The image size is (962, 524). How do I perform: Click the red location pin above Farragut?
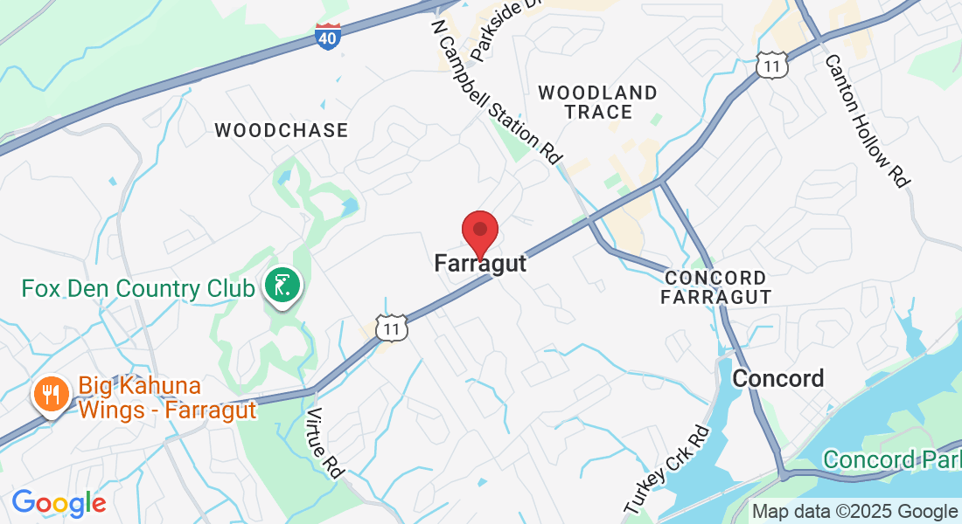pos(479,231)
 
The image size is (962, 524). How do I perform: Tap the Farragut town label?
pos(480,263)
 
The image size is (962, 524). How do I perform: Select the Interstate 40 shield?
pos(327,36)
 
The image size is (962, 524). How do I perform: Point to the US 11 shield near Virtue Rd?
pos(391,327)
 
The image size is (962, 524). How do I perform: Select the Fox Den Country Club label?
pos(138,287)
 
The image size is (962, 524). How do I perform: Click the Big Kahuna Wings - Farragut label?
pos(167,397)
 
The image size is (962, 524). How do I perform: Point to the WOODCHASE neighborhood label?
pos(281,130)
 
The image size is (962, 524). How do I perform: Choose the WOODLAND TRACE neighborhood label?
pos(598,102)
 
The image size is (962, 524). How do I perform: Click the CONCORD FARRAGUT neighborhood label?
pos(716,287)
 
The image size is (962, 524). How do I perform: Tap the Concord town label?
pos(777,378)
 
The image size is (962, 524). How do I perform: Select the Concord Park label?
pos(891,459)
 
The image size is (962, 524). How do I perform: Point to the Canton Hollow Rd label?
pos(866,120)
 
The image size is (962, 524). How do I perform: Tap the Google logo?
pos(59,503)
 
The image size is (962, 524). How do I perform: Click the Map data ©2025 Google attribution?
pos(854,512)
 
